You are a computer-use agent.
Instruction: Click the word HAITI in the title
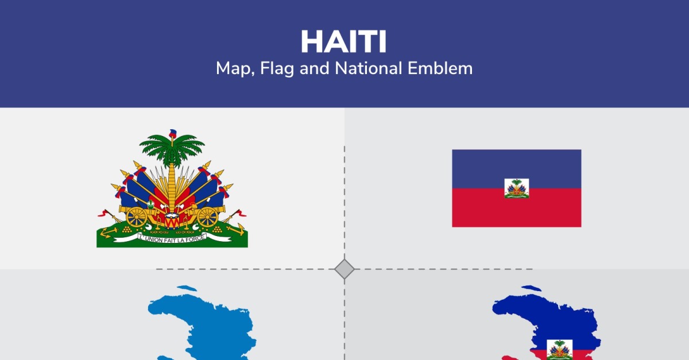coord(343,42)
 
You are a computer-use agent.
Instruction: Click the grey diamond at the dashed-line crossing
coord(344,269)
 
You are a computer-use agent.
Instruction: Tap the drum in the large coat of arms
coord(172,220)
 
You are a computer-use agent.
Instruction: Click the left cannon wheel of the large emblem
coord(136,217)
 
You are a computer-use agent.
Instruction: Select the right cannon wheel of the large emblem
coord(207,217)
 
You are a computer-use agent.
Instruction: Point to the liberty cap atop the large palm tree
coord(173,133)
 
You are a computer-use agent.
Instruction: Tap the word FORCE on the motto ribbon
coord(195,238)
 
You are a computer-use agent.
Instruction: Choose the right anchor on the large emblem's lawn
coord(236,229)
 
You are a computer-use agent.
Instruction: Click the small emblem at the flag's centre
coord(516,188)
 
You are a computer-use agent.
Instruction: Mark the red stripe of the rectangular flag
coord(516,208)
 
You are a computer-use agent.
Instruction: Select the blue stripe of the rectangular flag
coord(516,169)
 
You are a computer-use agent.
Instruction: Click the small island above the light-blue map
coord(187,288)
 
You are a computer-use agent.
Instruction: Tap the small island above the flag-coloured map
coord(531,288)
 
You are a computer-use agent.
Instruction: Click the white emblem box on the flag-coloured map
coord(559,350)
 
